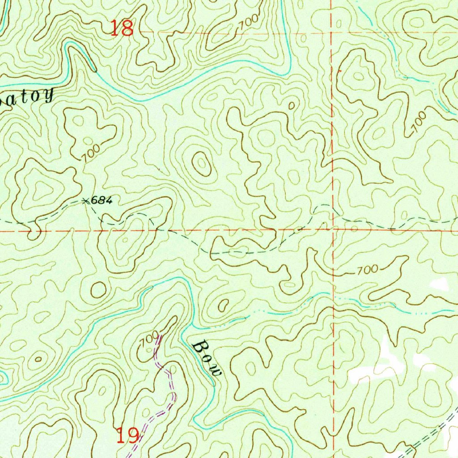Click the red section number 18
coord(122,28)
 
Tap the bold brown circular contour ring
coord(98,290)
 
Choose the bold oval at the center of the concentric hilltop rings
coord(201,164)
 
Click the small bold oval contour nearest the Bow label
coord(222,305)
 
